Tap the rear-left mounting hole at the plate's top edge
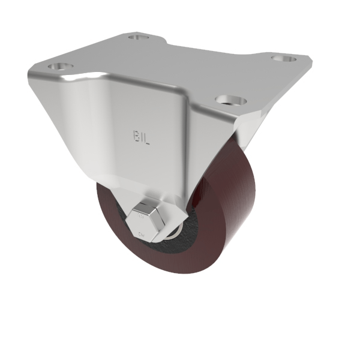tap(139, 38)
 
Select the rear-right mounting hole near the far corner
tap(279, 59)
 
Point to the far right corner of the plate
tap(312, 61)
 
